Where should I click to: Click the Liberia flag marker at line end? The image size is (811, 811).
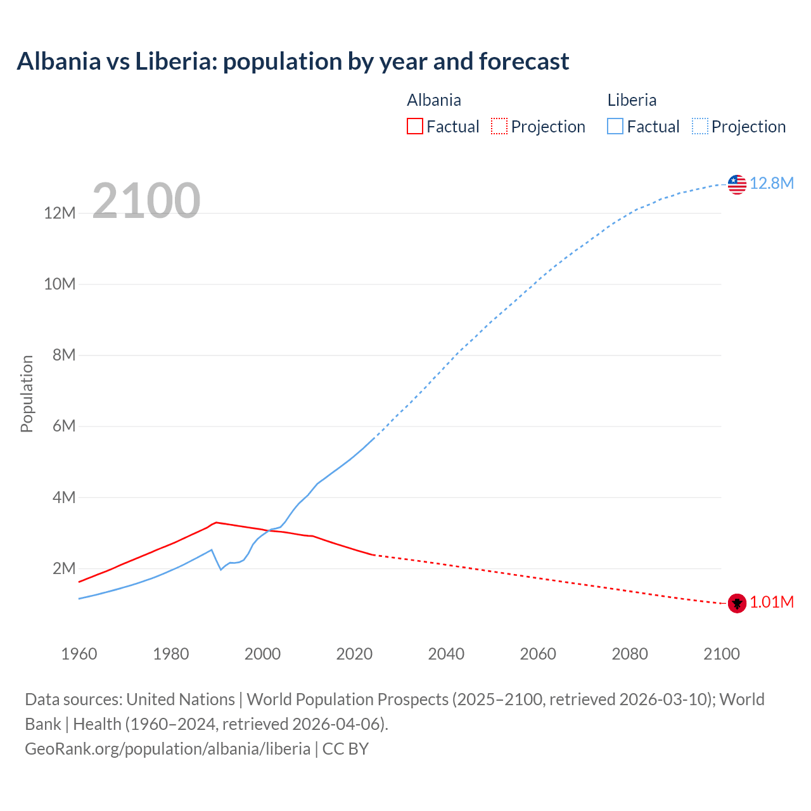pos(737,184)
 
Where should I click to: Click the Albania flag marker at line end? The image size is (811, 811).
pos(737,603)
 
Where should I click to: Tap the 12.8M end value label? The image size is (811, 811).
pos(771,183)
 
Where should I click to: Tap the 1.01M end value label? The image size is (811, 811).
pos(771,602)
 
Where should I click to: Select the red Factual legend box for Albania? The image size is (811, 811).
pos(414,126)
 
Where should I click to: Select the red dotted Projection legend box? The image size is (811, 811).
pos(499,126)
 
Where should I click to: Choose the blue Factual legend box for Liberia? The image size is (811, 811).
pos(615,126)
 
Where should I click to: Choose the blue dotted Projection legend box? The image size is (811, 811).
pos(699,126)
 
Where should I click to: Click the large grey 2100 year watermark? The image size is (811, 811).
pos(146,201)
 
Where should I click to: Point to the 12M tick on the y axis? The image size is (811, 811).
pos(60,213)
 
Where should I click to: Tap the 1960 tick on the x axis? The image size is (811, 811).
pos(79,654)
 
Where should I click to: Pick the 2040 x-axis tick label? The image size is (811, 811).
pos(446,654)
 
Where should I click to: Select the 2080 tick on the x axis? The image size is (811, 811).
pos(630,654)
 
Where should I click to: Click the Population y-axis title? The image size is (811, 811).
pos(27,393)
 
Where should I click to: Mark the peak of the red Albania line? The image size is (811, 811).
pos(216,522)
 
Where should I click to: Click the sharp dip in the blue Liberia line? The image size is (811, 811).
pos(220,570)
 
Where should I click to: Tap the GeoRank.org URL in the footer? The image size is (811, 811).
pos(167,748)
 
